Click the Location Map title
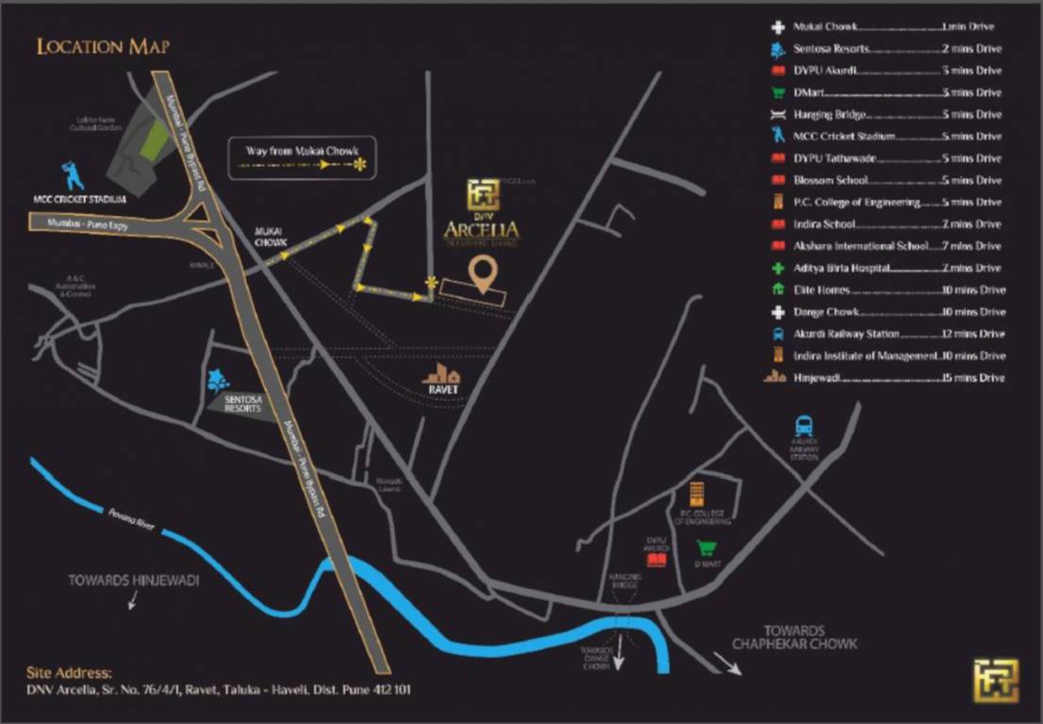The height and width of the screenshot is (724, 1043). coord(103,46)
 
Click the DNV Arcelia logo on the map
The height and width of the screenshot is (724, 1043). coord(482,213)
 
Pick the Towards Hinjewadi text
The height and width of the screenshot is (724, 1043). coord(134,581)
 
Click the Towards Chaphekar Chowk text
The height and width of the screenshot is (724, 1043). coord(796,637)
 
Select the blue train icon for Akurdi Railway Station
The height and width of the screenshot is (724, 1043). coord(803,426)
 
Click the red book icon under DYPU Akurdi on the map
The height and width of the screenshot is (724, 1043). coord(656,560)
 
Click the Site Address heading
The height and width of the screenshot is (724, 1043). coord(69,673)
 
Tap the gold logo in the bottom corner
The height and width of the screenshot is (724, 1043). coord(996,681)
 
